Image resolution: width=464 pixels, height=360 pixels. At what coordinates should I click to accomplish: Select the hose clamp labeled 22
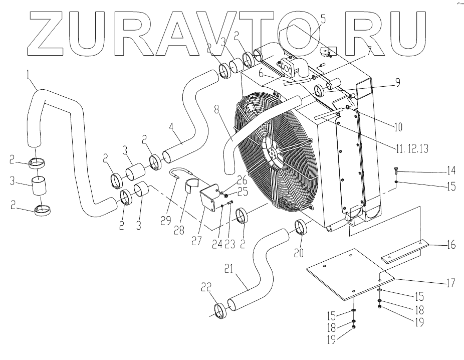click(x=220, y=311)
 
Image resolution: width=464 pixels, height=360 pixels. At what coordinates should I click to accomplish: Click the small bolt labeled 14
click(x=396, y=170)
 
